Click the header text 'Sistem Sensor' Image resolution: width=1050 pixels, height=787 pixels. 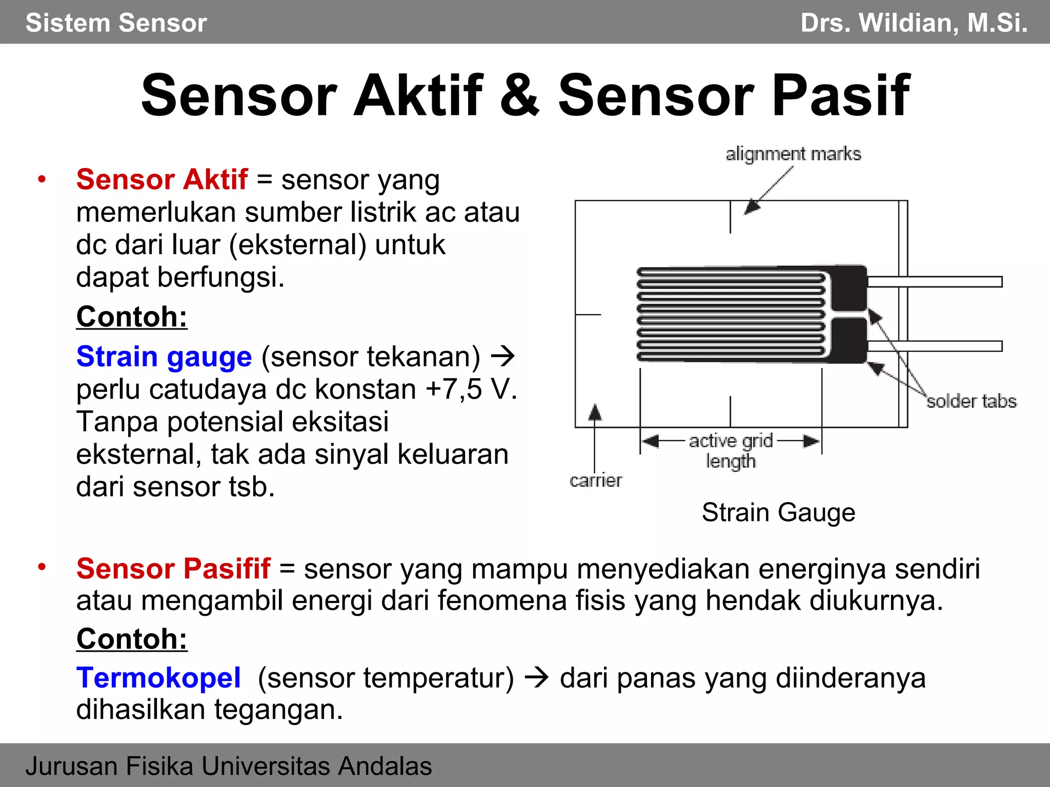[116, 23]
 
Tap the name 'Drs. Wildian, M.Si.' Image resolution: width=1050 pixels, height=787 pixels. [914, 23]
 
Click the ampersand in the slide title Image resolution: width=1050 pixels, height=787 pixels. [519, 96]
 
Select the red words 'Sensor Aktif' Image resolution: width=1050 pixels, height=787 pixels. [162, 180]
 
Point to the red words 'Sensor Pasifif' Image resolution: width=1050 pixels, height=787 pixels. [173, 569]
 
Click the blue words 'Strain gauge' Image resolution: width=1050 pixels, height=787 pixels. [164, 357]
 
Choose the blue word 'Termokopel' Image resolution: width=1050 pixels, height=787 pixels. [158, 678]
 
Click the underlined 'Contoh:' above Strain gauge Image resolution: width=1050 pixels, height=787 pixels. [132, 317]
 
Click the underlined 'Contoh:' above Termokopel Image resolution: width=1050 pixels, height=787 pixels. [132, 639]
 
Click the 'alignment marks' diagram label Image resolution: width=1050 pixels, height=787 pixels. [793, 154]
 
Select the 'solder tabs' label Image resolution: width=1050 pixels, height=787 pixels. [971, 401]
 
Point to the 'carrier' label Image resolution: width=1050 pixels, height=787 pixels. [596, 481]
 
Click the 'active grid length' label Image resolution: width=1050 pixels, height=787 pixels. [731, 450]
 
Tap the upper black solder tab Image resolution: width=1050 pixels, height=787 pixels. [849, 288]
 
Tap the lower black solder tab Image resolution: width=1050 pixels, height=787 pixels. [849, 340]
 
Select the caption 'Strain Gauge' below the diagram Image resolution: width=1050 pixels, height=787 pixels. [778, 512]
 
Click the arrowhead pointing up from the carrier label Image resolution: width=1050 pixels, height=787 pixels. [595, 412]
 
